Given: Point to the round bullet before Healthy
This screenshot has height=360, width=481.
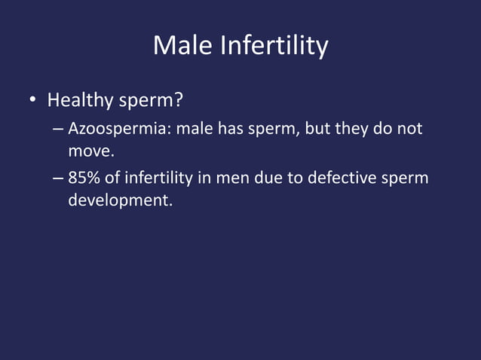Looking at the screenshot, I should point(33,101).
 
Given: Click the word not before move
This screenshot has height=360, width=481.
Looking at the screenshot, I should point(409,130).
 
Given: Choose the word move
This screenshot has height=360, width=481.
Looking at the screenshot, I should point(90,154).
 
